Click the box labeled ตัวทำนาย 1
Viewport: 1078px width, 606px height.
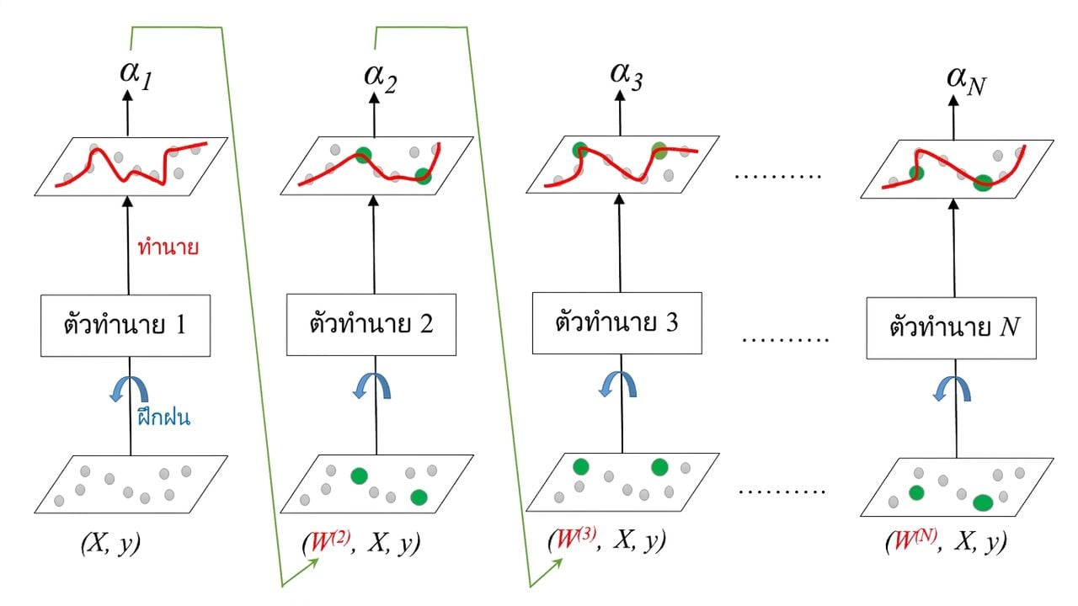125,326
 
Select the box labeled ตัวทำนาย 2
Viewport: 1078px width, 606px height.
371,325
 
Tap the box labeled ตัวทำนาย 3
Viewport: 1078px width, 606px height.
617,323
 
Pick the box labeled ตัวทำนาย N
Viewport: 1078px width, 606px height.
952,328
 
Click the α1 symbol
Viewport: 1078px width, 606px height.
136,76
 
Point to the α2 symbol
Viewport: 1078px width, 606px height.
380,79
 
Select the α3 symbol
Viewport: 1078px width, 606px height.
626,77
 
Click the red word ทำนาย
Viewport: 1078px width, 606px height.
168,247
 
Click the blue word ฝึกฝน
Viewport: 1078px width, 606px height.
163,416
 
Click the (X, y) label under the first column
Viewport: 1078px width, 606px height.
110,544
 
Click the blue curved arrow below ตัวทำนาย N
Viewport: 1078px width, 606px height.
952,389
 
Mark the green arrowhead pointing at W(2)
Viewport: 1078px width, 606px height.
314,563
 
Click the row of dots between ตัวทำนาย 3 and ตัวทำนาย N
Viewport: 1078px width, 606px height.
785,340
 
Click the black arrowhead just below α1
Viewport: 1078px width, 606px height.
127,95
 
